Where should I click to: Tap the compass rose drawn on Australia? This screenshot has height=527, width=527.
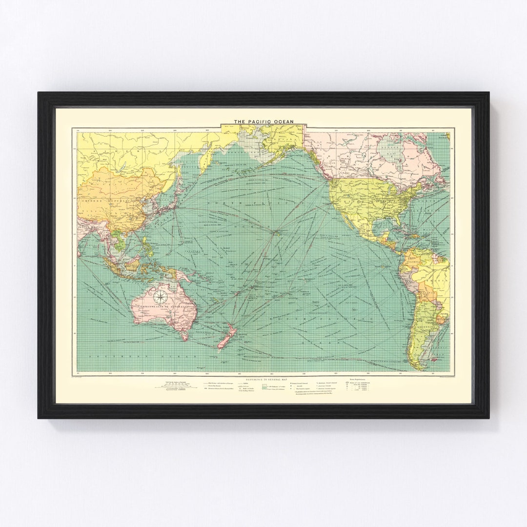click(160, 295)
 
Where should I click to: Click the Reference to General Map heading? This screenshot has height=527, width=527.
click(263, 379)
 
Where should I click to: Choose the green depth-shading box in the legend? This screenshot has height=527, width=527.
click(264, 387)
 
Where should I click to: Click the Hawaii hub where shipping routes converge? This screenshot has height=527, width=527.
click(275, 232)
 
